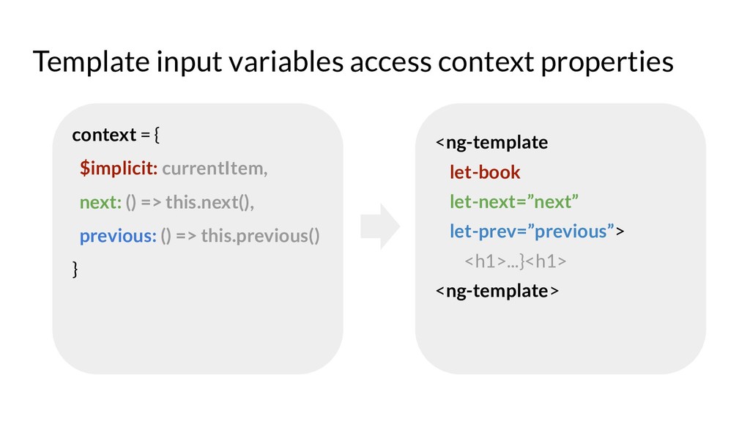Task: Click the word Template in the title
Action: tap(91, 62)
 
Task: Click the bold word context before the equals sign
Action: tap(104, 135)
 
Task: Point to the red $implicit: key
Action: tap(119, 169)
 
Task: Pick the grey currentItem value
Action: tap(215, 169)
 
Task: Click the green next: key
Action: tap(100, 202)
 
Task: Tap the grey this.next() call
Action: tap(209, 202)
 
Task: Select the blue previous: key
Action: tap(118, 237)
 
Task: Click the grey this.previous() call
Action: tap(260, 236)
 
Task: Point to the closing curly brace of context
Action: tap(75, 270)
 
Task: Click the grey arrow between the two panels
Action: tap(380, 226)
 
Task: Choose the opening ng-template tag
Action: tap(491, 143)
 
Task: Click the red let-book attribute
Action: tap(485, 172)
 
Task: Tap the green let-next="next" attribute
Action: tap(513, 202)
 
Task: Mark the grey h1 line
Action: tap(515, 262)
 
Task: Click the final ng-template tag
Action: tap(497, 291)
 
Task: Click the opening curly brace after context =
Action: tap(157, 135)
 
